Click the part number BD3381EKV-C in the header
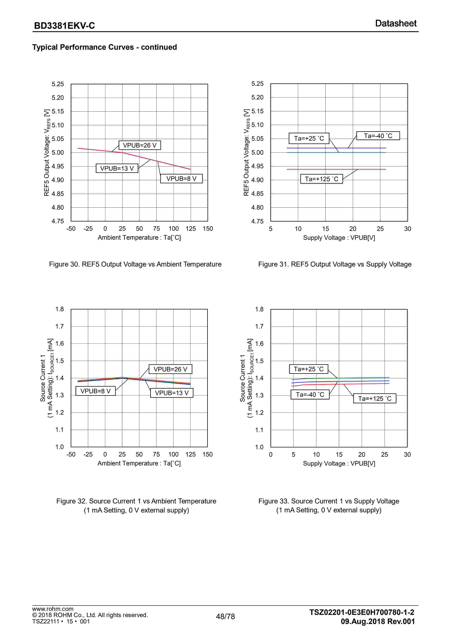pyautogui.click(x=64, y=25)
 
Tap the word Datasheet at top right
pyautogui.click(x=396, y=23)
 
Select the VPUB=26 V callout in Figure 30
pyautogui.click(x=140, y=145)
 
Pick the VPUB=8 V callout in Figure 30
pyautogui.click(x=181, y=179)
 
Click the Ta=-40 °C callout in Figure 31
pyautogui.click(x=378, y=136)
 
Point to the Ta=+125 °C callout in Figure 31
pyautogui.click(x=322, y=179)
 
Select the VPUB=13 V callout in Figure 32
pyautogui.click(x=172, y=393)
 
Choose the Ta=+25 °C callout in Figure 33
pyautogui.click(x=309, y=369)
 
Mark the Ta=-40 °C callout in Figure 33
pyautogui.click(x=310, y=395)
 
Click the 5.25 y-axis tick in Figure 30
pyautogui.click(x=58, y=84)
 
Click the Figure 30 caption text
pyautogui.click(x=135, y=264)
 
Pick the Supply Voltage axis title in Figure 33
pyautogui.click(x=339, y=464)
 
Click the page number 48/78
pyautogui.click(x=225, y=617)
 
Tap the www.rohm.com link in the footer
pyautogui.click(x=53, y=609)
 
